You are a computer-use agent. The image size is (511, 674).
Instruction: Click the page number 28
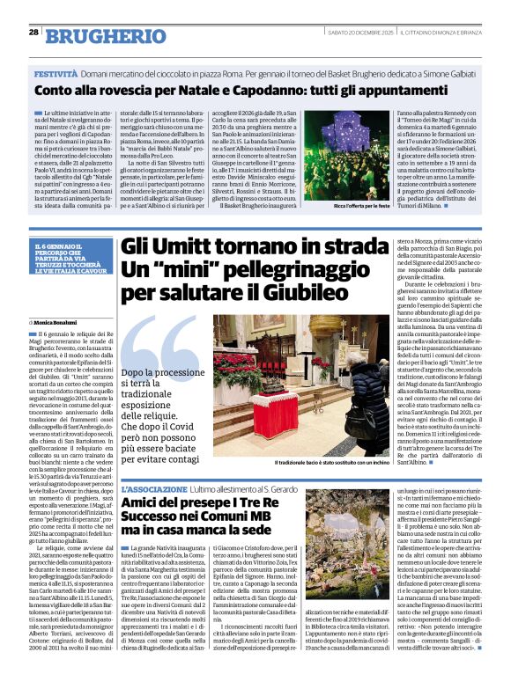click(33, 32)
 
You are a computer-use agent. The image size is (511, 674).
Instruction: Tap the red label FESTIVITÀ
click(59, 77)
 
